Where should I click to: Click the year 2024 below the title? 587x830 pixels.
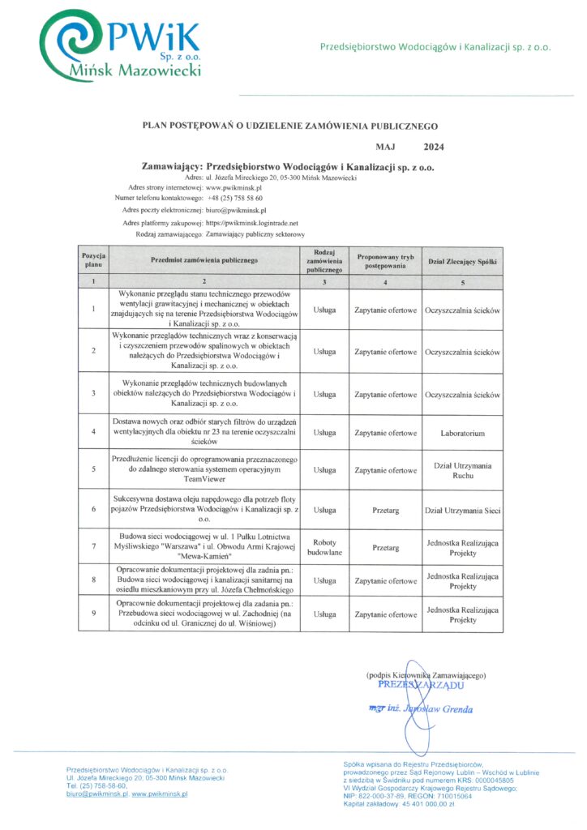tap(434, 148)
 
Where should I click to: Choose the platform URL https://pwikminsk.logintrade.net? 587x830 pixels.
tap(252, 222)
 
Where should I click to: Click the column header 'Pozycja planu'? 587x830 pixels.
tap(94, 260)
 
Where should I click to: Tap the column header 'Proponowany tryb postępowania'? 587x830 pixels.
tap(385, 260)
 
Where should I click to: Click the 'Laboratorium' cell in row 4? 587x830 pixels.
tap(462, 434)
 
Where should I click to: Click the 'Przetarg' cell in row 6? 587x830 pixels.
tap(385, 511)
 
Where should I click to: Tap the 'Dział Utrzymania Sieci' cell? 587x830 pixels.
tap(462, 511)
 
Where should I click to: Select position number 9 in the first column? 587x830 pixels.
tap(94, 614)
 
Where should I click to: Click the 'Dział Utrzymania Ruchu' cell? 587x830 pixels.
tap(462, 471)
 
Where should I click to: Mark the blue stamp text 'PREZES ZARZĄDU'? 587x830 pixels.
tap(421, 685)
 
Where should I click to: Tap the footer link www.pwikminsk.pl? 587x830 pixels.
tap(160, 794)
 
